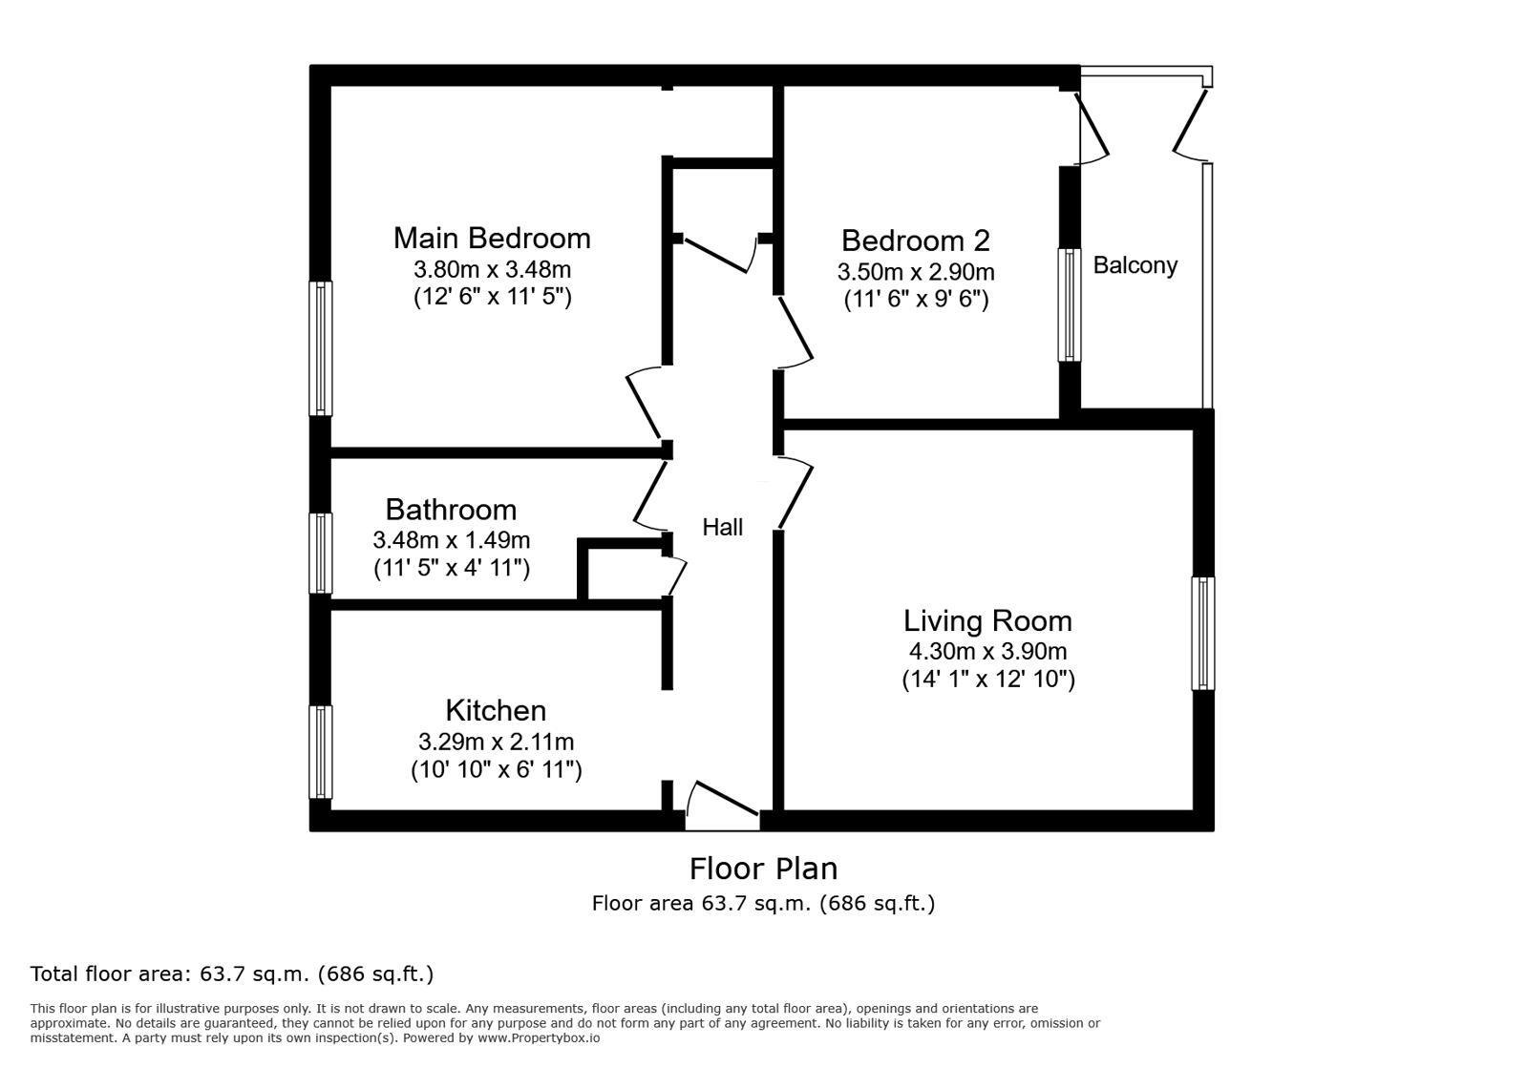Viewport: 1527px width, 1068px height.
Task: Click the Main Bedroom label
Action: [x=492, y=238]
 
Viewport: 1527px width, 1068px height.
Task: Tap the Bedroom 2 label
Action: [x=915, y=240]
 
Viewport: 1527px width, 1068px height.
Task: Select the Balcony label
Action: [x=1135, y=265]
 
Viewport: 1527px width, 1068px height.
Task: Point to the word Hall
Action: [x=722, y=527]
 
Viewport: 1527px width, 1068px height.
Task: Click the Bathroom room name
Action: [x=451, y=509]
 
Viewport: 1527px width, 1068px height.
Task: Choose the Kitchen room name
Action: [x=496, y=710]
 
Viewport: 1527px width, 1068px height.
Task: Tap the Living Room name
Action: [x=987, y=620]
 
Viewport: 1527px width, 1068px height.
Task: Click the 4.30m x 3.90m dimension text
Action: [x=987, y=652]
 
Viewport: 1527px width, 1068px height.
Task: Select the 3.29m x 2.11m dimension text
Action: [x=496, y=742]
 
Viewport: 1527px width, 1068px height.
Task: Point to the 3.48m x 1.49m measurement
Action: [x=451, y=540]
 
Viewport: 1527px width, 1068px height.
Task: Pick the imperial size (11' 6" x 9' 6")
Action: [x=916, y=300]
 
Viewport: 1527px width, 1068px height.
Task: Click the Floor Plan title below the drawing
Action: [x=763, y=869]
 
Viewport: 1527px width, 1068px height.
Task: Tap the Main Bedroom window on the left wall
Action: [x=321, y=348]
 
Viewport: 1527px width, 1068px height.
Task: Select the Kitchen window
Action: [x=321, y=752]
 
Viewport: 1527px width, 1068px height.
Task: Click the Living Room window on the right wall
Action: [x=1203, y=633]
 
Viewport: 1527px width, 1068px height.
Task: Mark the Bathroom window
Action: [x=321, y=554]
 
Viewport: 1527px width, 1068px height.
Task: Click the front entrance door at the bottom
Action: [x=723, y=804]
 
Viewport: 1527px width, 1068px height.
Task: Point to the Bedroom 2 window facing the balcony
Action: [x=1069, y=305]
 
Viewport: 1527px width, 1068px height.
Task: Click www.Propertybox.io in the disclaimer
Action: [x=539, y=1037]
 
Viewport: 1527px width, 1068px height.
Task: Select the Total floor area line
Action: [x=232, y=974]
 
